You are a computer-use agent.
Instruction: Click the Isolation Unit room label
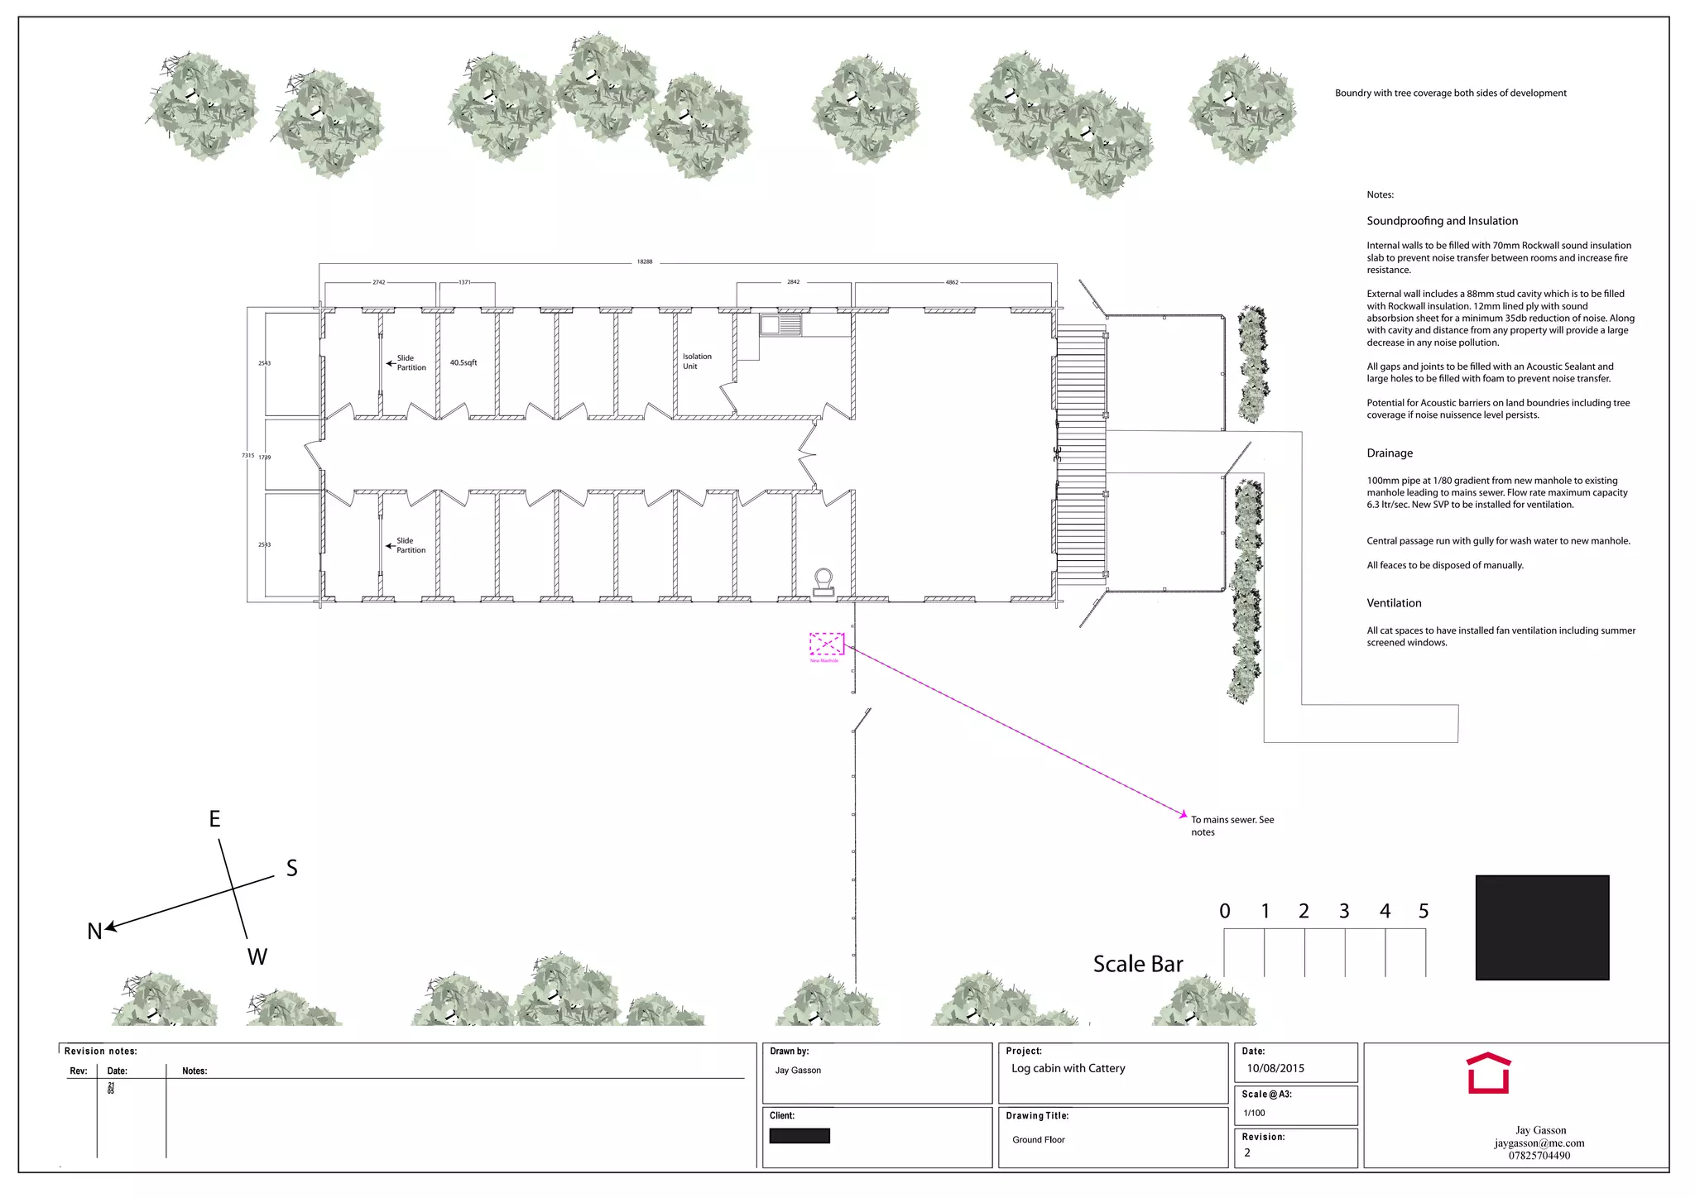pos(696,362)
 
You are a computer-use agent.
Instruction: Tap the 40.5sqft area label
pos(463,362)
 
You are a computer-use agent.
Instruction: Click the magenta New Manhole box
pos(826,644)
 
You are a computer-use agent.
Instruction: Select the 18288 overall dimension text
pos(645,261)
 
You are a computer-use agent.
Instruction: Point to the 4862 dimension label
pos(952,282)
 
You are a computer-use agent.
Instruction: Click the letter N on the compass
pos(94,932)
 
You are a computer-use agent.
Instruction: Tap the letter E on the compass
pos(214,819)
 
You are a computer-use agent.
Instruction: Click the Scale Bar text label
pos(1137,964)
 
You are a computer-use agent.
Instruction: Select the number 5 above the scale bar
pos(1424,911)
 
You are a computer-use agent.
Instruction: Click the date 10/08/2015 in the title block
pos(1275,1068)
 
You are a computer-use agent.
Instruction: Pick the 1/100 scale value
pos(1254,1113)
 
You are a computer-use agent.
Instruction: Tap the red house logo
pos(1488,1073)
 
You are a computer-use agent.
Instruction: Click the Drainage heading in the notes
pos(1390,453)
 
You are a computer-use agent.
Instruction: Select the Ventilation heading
pos(1394,603)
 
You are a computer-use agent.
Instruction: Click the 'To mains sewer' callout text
pos(1232,826)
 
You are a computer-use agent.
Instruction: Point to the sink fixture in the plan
pos(780,325)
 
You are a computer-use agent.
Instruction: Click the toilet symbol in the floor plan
pos(823,582)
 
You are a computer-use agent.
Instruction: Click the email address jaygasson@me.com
pos(1539,1143)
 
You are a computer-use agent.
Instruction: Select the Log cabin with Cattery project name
pos(1068,1068)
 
